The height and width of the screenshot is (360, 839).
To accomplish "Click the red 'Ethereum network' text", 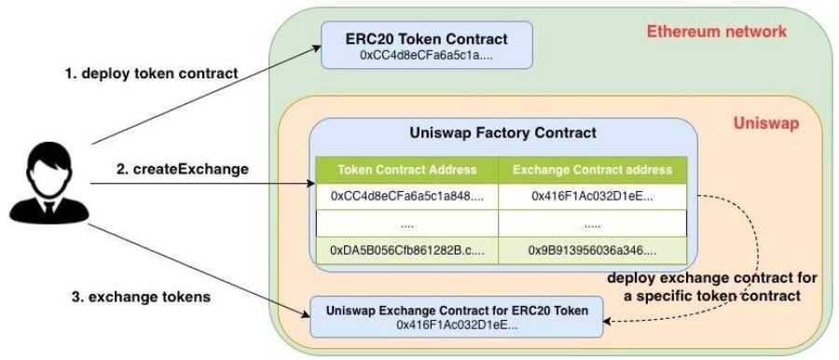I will [x=716, y=32].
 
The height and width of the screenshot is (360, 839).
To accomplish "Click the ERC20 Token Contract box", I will [x=426, y=46].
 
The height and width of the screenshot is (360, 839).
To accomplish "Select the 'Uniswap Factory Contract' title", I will [x=502, y=133].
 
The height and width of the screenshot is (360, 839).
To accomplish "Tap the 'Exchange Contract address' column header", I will [x=592, y=170].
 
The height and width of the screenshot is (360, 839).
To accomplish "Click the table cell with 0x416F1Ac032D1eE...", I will [x=592, y=197].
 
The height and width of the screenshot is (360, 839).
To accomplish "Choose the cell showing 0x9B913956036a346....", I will [x=592, y=251].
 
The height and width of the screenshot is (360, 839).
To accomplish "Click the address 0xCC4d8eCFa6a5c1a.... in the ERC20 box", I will [x=426, y=56].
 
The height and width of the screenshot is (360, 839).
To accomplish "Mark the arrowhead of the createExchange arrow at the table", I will [x=310, y=184].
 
